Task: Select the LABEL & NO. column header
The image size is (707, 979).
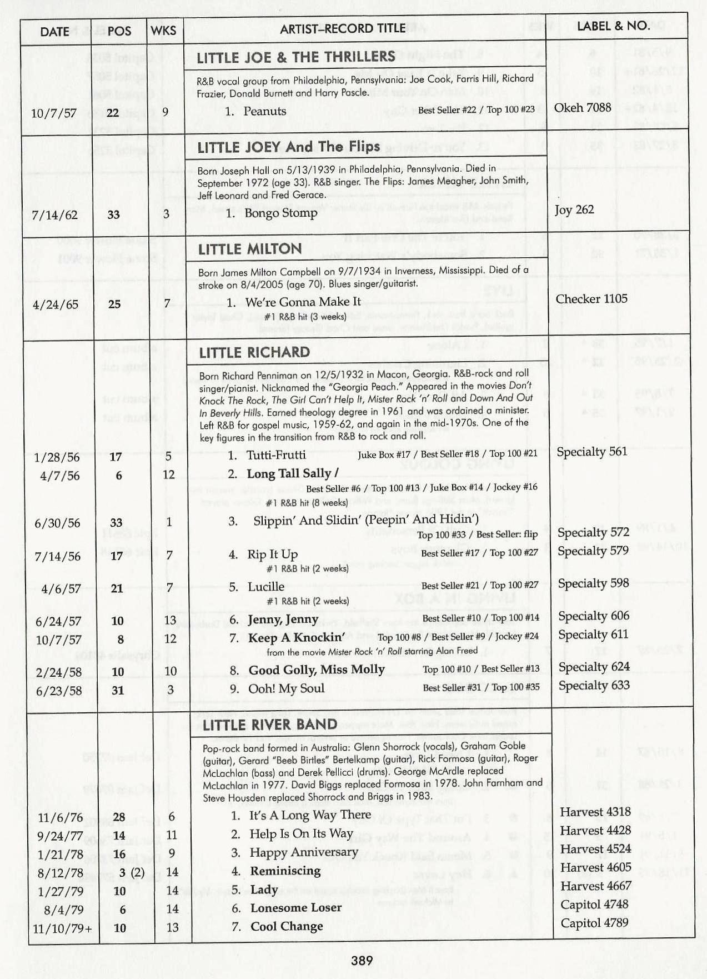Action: click(613, 26)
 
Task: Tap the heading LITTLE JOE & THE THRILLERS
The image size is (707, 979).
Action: click(296, 57)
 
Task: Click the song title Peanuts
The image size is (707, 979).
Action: click(264, 111)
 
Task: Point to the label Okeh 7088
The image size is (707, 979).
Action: click(582, 107)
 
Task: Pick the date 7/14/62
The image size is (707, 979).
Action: click(54, 214)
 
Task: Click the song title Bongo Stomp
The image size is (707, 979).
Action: click(280, 213)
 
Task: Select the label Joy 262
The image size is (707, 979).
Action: click(574, 209)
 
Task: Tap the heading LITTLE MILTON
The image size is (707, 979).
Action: click(250, 249)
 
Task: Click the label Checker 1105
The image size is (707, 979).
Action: click(591, 299)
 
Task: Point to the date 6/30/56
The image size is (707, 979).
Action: click(57, 523)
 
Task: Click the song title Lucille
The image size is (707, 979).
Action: click(266, 587)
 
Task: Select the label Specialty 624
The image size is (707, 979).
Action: click(594, 667)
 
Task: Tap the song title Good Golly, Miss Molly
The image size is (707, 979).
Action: click(317, 670)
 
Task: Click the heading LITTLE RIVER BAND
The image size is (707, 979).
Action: click(270, 725)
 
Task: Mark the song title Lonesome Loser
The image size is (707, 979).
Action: click(296, 908)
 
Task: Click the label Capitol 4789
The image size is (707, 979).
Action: click(594, 923)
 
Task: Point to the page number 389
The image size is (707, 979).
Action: click(362, 960)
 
